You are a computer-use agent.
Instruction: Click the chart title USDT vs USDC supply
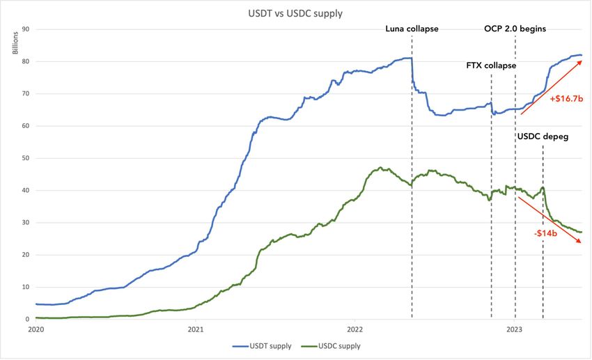pos(296,13)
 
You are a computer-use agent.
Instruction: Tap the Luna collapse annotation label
pos(412,29)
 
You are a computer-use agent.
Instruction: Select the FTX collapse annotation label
pos(491,65)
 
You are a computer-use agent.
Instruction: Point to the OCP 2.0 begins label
pos(515,29)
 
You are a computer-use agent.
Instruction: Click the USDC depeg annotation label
pos(543,136)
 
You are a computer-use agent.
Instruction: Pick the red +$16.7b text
pos(566,99)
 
